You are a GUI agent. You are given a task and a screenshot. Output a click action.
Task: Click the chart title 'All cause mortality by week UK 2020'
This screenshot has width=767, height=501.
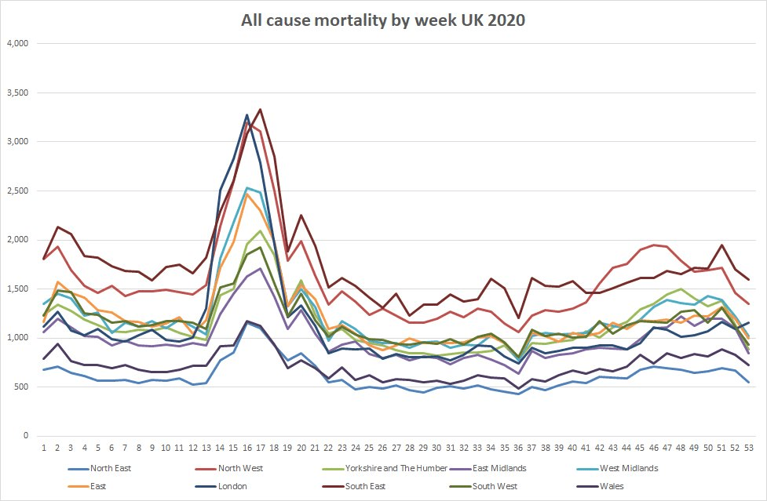(x=383, y=20)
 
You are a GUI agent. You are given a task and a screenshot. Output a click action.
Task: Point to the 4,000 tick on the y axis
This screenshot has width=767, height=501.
(x=16, y=44)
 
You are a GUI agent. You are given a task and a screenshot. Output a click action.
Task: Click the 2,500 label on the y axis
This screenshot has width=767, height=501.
(x=16, y=191)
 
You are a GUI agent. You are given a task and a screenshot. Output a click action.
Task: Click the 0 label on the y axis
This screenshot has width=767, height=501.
(x=25, y=436)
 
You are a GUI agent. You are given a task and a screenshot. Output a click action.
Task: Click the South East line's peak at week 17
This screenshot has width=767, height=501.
(x=260, y=109)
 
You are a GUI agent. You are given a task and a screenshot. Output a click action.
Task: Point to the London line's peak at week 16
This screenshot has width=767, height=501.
(x=247, y=115)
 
